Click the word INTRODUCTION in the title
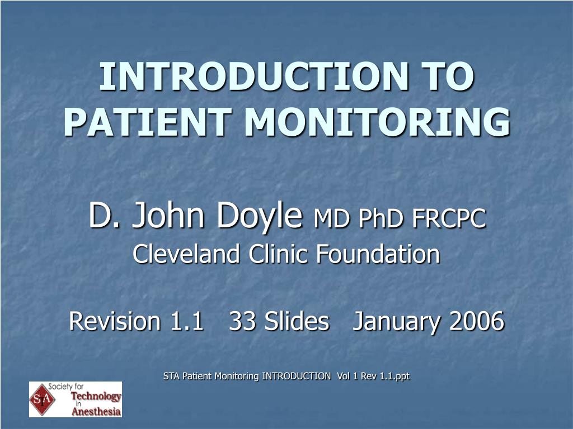coord(255,76)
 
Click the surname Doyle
coord(260,214)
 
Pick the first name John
coord(168,214)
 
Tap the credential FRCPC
coord(449,218)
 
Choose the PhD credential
coord(381,218)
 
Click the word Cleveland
coord(186,254)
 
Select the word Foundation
coord(378,254)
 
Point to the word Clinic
coord(278,254)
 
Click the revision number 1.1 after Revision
coord(187,321)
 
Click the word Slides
coord(297,321)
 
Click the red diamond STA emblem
coord(43,399)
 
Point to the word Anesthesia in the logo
coord(96,412)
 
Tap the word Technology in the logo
coord(96,397)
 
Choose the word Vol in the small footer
coord(343,376)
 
